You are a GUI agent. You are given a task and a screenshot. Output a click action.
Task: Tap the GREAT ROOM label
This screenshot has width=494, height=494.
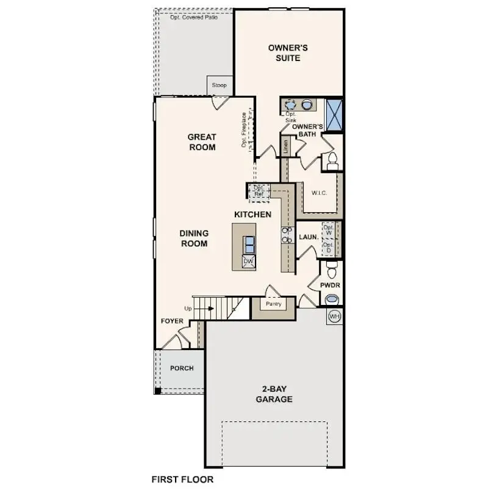pos(202,142)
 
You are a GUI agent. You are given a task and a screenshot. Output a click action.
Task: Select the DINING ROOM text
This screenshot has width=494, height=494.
pos(194,238)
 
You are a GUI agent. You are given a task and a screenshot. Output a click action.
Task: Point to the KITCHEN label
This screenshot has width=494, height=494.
pos(252,215)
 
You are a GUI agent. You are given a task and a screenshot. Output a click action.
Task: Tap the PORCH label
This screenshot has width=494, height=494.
pos(182,368)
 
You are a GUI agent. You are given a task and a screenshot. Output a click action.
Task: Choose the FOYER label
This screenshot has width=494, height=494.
pos(172,321)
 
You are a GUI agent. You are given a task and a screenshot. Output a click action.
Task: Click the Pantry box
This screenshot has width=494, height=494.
pos(273,303)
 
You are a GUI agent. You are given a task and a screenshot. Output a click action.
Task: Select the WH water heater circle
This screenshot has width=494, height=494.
pos(334,317)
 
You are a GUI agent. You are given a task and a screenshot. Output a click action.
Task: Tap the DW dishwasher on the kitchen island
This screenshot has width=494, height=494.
pos(248,261)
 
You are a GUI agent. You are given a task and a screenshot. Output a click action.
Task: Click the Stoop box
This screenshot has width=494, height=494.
pos(219,85)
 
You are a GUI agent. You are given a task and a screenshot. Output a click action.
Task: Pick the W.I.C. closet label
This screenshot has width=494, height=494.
pos(320,193)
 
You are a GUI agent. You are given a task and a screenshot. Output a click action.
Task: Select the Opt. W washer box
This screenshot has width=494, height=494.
pos(329,231)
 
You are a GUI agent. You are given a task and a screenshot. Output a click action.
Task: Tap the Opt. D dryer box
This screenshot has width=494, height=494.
pos(329,247)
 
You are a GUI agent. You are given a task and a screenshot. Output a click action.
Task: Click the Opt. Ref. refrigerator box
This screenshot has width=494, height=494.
pos(259,191)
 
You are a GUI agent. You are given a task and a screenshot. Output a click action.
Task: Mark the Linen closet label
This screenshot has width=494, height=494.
pos(284,147)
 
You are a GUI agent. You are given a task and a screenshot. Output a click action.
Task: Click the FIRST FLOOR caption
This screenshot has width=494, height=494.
pos(182,479)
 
